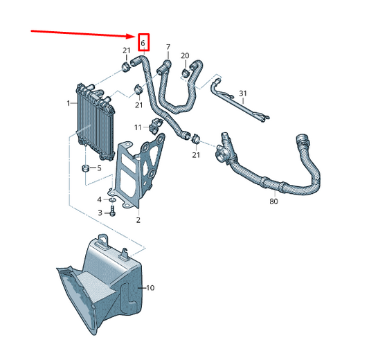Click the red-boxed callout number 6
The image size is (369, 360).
click(x=143, y=44)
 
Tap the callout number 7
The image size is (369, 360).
click(x=168, y=47)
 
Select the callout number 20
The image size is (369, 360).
click(x=185, y=56)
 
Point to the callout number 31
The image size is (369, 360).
click(x=243, y=93)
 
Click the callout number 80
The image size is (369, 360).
click(x=273, y=201)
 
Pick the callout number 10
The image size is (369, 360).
click(x=150, y=288)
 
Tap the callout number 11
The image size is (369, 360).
click(x=138, y=127)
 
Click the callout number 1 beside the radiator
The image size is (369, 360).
click(x=69, y=103)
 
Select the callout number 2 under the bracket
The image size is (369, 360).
click(x=138, y=220)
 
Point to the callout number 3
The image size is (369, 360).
click(x=100, y=213)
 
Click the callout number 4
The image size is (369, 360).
click(x=100, y=200)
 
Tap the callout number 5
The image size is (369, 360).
click(x=99, y=168)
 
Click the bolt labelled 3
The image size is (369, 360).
click(x=112, y=210)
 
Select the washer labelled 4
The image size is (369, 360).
click(x=112, y=200)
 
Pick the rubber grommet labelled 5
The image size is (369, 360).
click(x=85, y=168)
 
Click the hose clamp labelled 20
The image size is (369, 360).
click(x=186, y=73)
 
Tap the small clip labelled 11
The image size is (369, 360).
click(x=156, y=126)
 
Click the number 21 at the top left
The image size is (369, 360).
click(x=127, y=51)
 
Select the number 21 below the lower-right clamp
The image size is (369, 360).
click(x=196, y=155)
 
